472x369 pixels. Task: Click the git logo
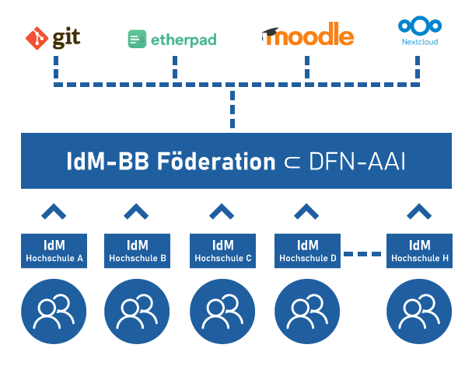click(54, 37)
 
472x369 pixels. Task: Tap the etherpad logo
click(172, 38)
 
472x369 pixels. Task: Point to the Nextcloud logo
click(419, 32)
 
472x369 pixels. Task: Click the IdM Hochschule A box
click(54, 250)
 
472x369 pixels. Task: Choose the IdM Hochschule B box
click(138, 250)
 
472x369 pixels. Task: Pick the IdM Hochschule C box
click(222, 250)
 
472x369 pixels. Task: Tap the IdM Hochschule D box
click(307, 250)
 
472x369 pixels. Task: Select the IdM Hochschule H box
click(420, 250)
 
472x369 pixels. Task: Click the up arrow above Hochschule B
click(137, 211)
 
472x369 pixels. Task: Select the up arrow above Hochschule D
click(306, 211)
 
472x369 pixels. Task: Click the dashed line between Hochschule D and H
click(364, 252)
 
